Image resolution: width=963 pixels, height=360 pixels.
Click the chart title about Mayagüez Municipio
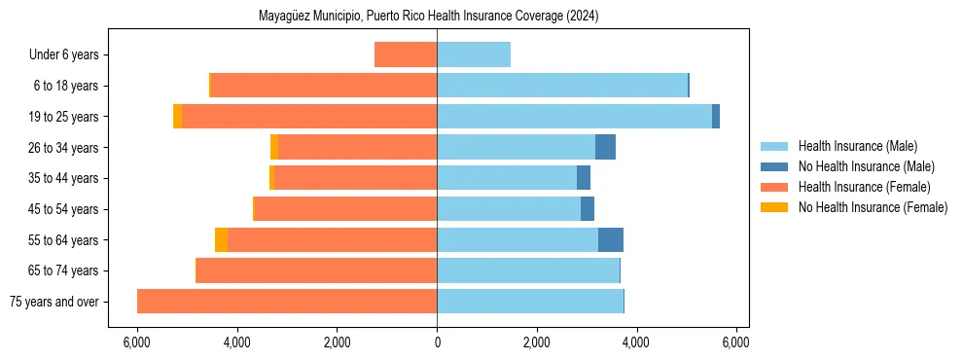click(x=429, y=17)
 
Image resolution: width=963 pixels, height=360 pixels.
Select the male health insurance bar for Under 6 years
click(x=474, y=55)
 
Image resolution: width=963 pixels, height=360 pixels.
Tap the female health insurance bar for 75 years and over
click(x=287, y=302)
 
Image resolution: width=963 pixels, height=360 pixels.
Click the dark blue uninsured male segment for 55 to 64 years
click(x=611, y=240)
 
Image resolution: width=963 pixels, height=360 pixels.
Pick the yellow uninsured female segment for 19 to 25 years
click(x=177, y=117)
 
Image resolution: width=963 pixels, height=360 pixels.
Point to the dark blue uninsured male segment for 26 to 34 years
click(x=605, y=148)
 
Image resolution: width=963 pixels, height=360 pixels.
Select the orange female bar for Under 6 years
click(x=406, y=55)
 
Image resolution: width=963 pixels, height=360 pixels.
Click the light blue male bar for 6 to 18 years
click(x=562, y=86)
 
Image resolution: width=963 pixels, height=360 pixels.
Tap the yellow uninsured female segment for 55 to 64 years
click(x=221, y=240)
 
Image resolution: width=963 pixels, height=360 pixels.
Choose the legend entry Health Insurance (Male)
click(x=857, y=146)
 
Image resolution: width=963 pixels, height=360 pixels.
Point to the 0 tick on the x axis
click(x=437, y=342)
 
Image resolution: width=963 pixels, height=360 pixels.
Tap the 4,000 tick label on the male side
click(x=636, y=342)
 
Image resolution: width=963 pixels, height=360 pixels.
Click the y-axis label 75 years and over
click(x=53, y=302)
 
